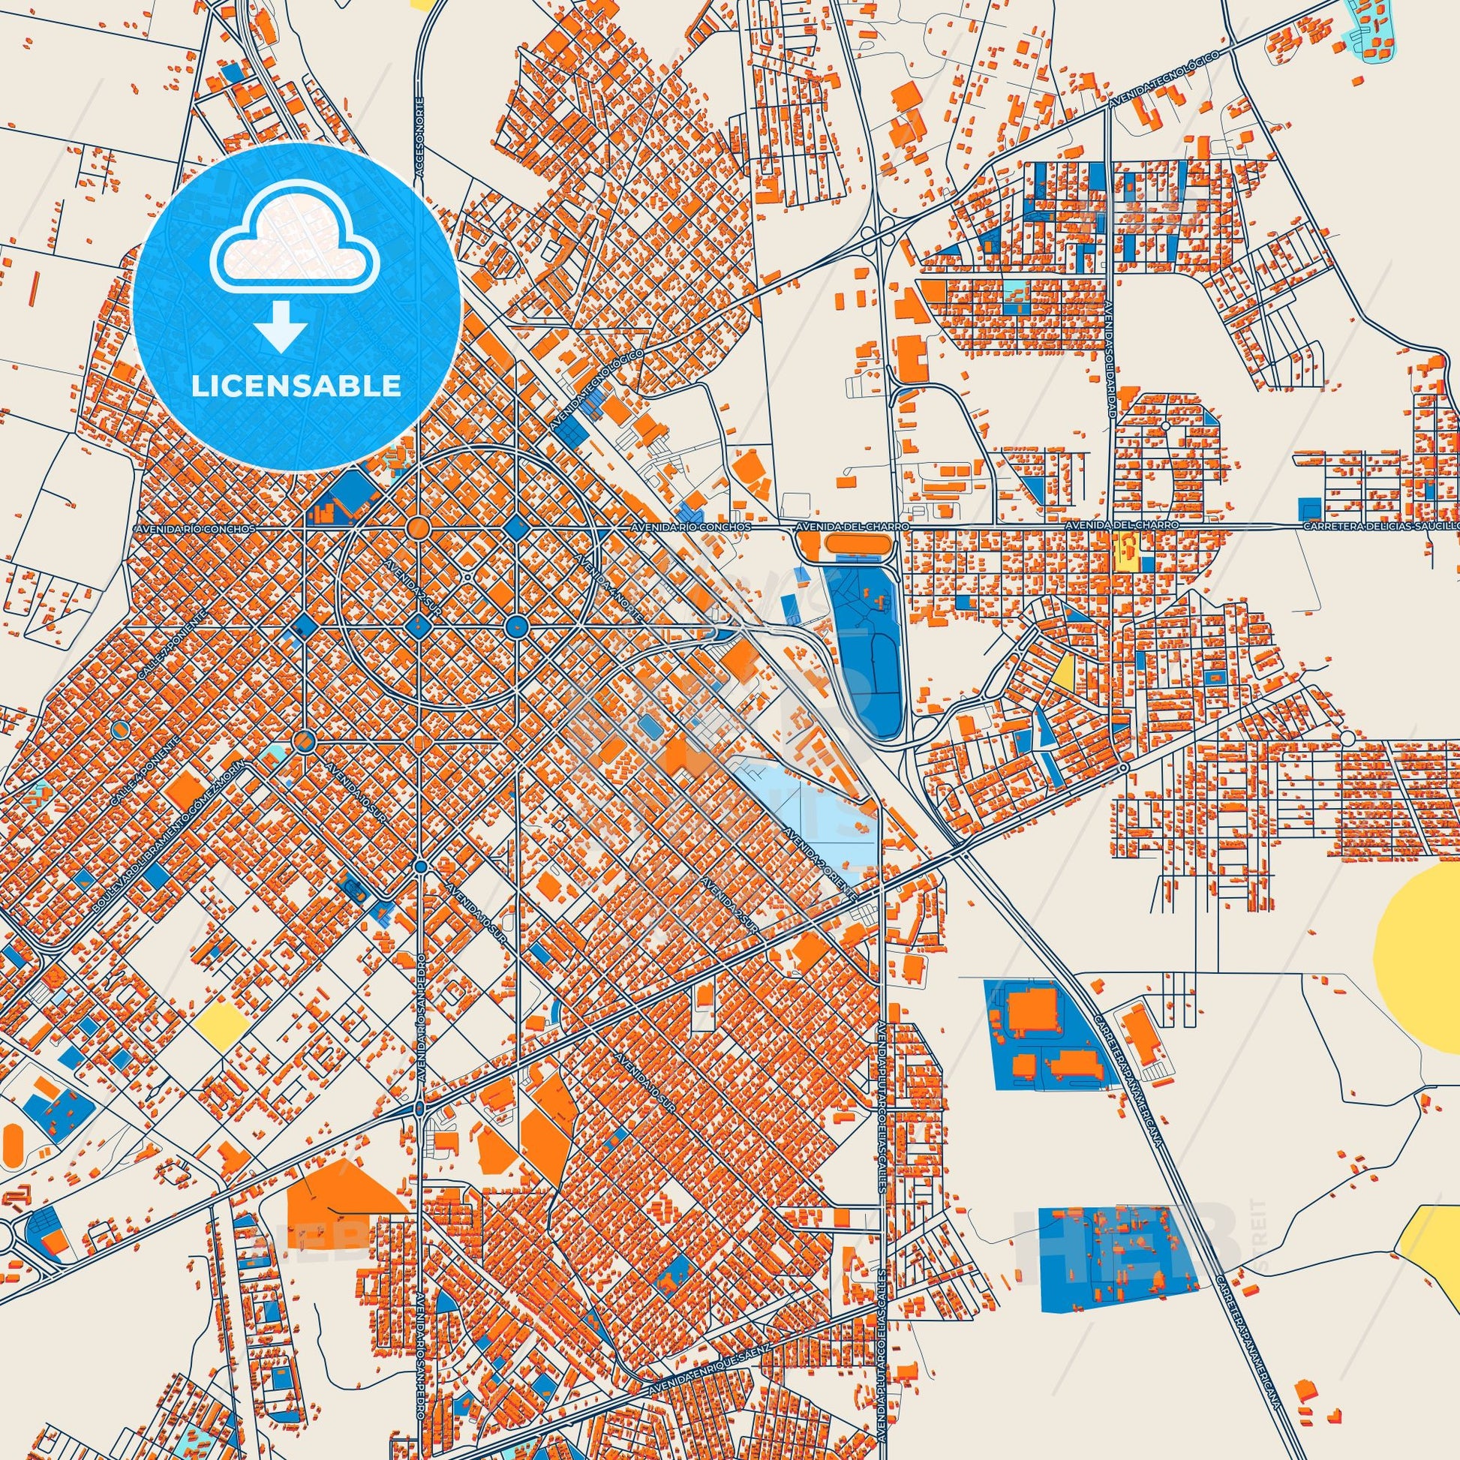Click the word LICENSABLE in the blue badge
[x=296, y=386]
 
